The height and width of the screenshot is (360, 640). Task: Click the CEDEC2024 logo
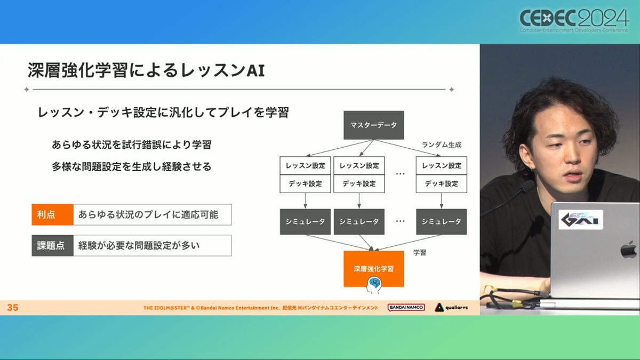click(574, 21)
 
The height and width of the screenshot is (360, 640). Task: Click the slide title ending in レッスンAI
click(146, 70)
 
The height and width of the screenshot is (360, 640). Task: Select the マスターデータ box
click(374, 125)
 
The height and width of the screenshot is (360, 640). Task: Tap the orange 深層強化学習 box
click(374, 269)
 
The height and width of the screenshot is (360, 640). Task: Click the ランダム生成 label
click(442, 145)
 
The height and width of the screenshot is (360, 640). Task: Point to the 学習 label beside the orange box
click(420, 253)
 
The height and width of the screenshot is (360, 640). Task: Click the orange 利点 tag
click(53, 214)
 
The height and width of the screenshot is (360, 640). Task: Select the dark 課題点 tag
click(53, 245)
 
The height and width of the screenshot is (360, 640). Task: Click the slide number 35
click(13, 307)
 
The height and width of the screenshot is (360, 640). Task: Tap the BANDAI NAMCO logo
click(406, 307)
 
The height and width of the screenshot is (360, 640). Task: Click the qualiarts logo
click(451, 307)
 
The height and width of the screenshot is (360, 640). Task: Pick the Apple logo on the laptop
click(629, 249)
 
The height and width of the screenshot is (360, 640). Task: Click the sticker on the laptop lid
click(581, 219)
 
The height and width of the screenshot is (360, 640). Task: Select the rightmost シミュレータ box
click(442, 222)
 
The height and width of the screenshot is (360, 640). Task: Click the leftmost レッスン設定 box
click(305, 165)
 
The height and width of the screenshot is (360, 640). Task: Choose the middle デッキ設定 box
click(359, 183)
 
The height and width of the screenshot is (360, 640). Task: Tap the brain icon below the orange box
click(374, 285)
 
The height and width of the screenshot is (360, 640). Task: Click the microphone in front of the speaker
click(527, 187)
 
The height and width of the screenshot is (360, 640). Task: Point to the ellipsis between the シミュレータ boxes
click(401, 221)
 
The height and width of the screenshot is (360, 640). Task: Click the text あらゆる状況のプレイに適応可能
click(148, 214)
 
